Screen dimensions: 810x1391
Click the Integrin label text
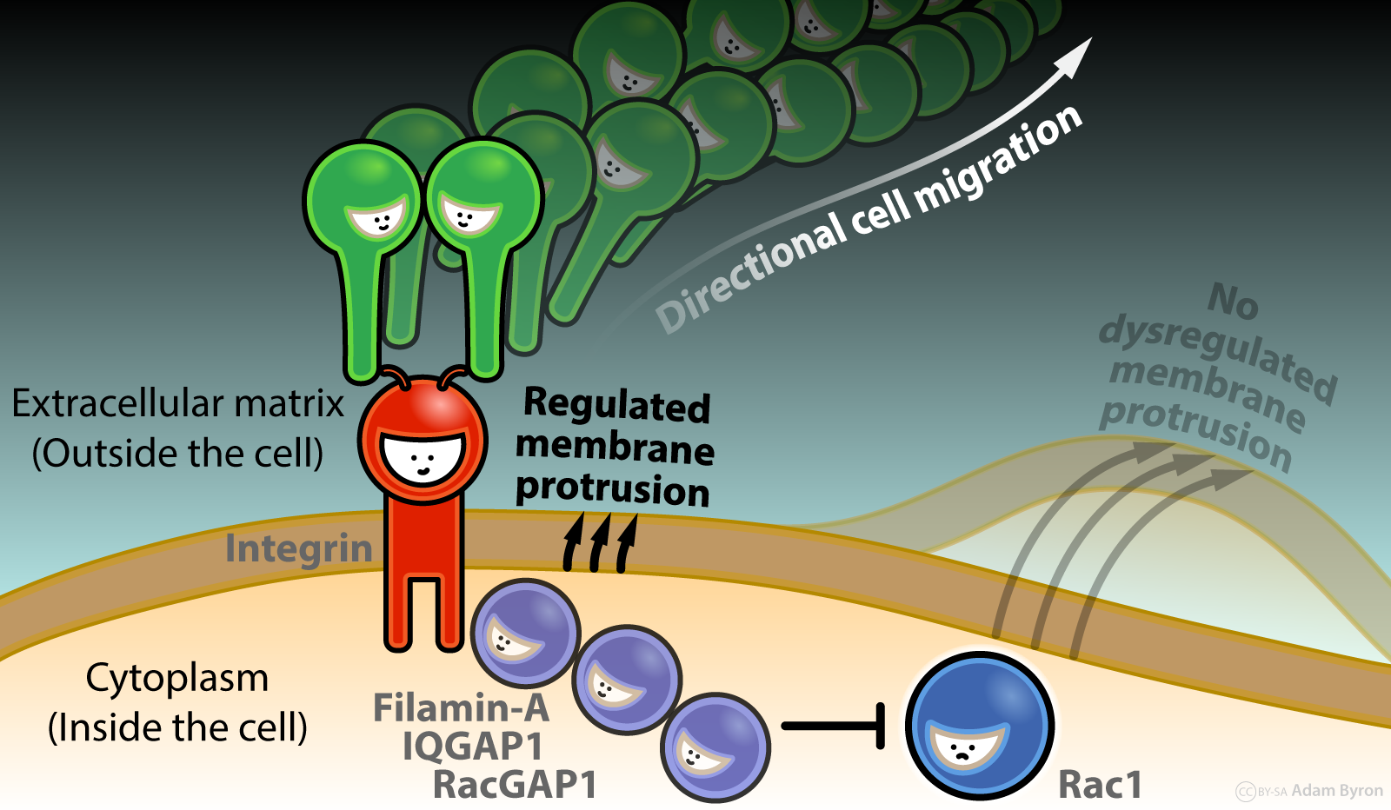[x=298, y=549]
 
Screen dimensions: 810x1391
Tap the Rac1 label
[x=1099, y=785]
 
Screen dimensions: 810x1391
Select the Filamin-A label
[x=461, y=708]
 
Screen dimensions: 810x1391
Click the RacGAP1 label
[x=515, y=785]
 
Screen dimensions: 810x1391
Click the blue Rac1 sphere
[x=980, y=726]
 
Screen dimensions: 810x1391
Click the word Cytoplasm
[x=177, y=678]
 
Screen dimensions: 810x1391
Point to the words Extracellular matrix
[x=177, y=404]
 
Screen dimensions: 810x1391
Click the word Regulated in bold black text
[x=616, y=406]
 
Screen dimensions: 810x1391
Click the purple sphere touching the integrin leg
[x=524, y=634]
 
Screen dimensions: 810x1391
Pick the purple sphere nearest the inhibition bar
[x=715, y=747]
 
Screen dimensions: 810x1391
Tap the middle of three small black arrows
[x=600, y=543]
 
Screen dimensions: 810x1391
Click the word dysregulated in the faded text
[x=1217, y=356]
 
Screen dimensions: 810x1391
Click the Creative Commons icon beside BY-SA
[x=1246, y=792]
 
